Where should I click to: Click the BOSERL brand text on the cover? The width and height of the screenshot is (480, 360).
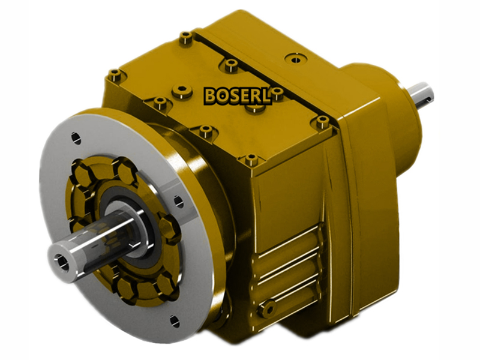coord(238,95)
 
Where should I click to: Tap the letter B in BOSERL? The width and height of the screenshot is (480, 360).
coord(211,95)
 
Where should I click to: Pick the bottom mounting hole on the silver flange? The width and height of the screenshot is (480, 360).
coord(174,322)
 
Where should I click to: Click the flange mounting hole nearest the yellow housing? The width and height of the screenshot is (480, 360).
coord(178,202)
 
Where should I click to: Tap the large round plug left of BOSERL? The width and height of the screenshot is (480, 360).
coord(182,92)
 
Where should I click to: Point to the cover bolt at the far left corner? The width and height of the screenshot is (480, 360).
coord(115,75)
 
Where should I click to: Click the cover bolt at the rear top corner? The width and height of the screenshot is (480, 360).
coord(185,38)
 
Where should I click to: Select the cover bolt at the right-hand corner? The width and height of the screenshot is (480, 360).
coord(323,122)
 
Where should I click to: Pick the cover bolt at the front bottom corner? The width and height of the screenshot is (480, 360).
coord(250,160)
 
